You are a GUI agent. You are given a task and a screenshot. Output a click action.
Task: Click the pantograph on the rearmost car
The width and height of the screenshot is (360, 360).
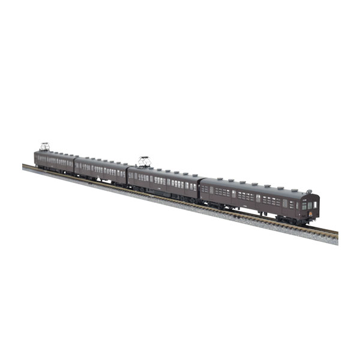(x=44, y=146)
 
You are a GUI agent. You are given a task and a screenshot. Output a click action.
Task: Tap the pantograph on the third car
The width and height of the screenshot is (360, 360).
(x=143, y=161)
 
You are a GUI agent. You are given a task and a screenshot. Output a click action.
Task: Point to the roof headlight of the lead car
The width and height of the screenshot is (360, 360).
(x=309, y=191)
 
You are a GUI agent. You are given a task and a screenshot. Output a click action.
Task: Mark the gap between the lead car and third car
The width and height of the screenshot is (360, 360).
(x=200, y=186)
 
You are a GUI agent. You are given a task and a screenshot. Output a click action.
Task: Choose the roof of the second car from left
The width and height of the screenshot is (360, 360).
(x=101, y=161)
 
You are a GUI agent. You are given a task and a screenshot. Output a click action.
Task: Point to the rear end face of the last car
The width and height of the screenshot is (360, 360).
(x=35, y=158)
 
